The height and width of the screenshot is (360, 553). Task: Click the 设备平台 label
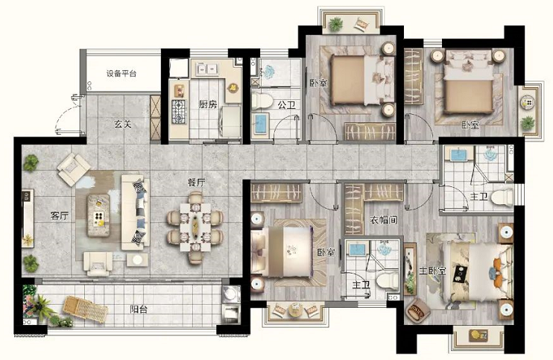click(x=121, y=74)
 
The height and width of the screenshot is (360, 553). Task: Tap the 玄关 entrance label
click(x=123, y=124)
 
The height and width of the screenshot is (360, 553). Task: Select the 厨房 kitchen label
click(x=207, y=104)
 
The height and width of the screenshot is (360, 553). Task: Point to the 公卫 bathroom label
click(x=286, y=105)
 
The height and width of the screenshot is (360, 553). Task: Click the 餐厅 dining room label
click(x=196, y=183)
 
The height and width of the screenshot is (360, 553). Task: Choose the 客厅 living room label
click(x=59, y=216)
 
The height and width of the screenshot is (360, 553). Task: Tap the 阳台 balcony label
click(x=139, y=309)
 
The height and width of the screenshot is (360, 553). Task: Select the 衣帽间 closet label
click(x=384, y=220)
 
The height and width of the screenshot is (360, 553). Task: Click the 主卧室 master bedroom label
click(x=432, y=271)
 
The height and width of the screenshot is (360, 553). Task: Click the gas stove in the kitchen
click(x=179, y=112)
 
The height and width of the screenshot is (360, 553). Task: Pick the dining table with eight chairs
click(x=195, y=227)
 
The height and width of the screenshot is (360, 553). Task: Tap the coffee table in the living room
click(x=98, y=215)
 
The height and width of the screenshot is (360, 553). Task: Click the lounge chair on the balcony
click(x=85, y=309)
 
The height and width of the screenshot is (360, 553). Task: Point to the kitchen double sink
click(x=207, y=69)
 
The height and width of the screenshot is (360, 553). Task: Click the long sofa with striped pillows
click(x=136, y=212)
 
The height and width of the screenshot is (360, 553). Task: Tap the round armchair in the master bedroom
click(x=418, y=310)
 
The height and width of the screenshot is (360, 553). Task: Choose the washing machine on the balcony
click(x=231, y=294)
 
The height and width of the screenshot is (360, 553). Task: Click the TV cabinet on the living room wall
click(x=28, y=218)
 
